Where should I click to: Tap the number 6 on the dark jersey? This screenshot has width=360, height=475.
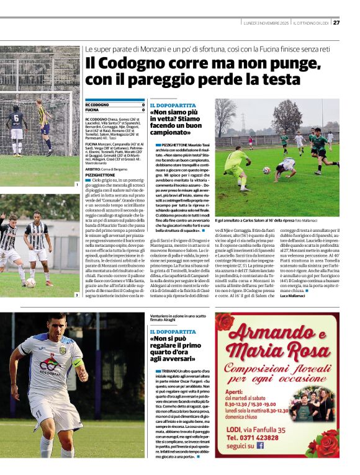(x=16, y=117)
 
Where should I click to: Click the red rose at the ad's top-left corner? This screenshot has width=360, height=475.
(x=225, y=323)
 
